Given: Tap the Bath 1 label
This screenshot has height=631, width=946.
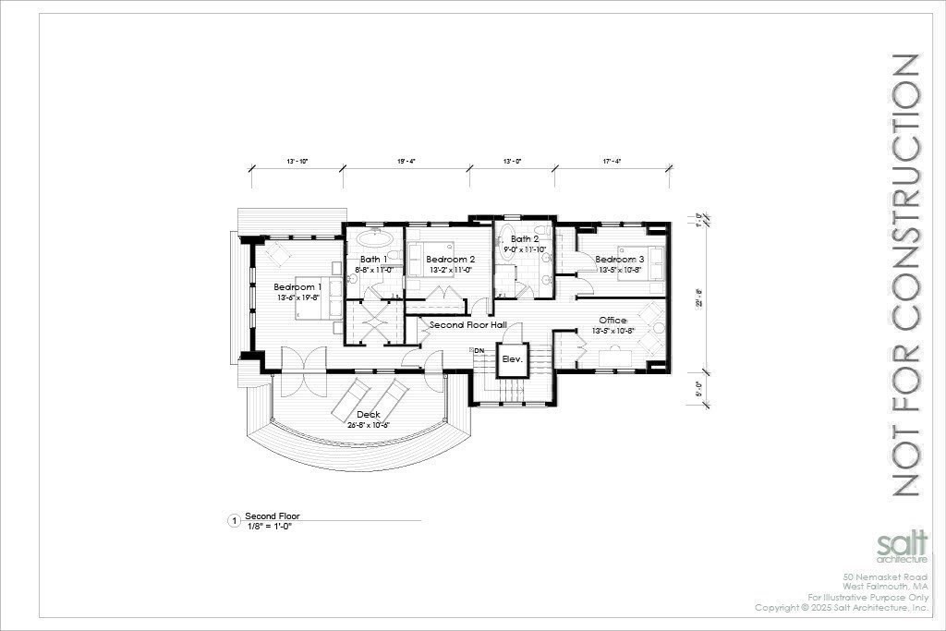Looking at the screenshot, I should point(373,260).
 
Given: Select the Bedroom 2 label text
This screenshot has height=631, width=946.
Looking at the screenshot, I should point(451,260).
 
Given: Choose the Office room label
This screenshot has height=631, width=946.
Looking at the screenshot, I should point(613,321).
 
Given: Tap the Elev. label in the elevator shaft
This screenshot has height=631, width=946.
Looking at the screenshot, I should point(511,360).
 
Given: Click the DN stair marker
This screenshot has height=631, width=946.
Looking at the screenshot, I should point(479,351).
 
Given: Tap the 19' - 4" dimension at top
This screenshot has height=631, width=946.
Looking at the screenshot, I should point(406,161).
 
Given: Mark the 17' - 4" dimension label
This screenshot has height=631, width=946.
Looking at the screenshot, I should point(612,161).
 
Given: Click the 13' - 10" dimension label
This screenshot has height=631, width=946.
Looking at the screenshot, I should point(297,161).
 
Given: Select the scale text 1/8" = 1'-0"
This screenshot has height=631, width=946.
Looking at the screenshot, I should point(268,526).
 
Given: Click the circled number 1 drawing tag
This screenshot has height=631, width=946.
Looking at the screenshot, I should point(233,521).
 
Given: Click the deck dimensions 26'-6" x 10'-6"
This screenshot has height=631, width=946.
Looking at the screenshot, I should point(370,425).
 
